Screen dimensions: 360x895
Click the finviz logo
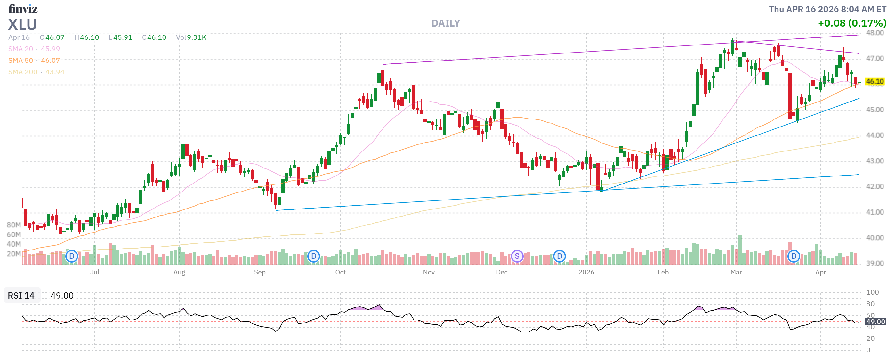pyautogui.click(x=23, y=9)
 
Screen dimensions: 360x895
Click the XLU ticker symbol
pyautogui.click(x=22, y=24)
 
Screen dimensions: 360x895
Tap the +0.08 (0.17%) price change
pyautogui.click(x=851, y=23)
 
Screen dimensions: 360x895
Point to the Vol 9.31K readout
pyautogui.click(x=191, y=37)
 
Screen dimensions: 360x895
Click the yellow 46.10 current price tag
pyautogui.click(x=874, y=82)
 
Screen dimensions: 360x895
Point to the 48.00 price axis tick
pyautogui.click(x=875, y=33)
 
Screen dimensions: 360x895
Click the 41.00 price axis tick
pyautogui.click(x=875, y=212)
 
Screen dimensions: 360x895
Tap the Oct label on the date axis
pyautogui.click(x=340, y=273)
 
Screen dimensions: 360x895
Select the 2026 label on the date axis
pyautogui.click(x=586, y=273)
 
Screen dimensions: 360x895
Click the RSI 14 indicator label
pyautogui.click(x=21, y=296)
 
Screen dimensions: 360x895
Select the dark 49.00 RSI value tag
pyautogui.click(x=875, y=322)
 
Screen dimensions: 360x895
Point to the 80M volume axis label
pyautogui.click(x=13, y=225)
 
